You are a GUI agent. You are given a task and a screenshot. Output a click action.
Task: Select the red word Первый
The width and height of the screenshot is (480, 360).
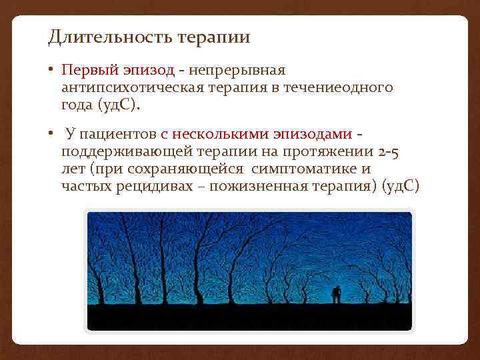pyautogui.click(x=84, y=70)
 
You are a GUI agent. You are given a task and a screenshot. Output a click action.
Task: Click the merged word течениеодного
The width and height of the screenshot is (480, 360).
pyautogui.click(x=339, y=87)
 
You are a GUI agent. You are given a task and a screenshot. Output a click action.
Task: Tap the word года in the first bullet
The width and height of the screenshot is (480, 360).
pyautogui.click(x=77, y=105)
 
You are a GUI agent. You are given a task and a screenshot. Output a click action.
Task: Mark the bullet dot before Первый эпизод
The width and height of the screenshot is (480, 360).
pyautogui.click(x=51, y=70)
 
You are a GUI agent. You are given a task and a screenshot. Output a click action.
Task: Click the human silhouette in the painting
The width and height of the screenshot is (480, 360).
pyautogui.click(x=337, y=293)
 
